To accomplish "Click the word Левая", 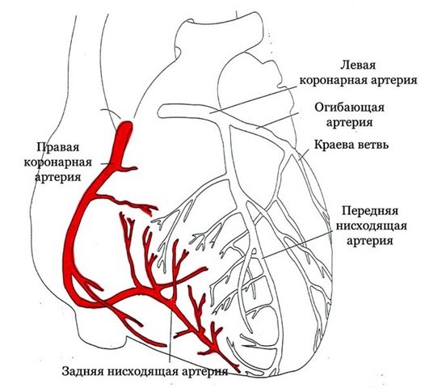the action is click(358, 66).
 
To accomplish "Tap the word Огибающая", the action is click(349, 108).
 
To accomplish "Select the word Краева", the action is click(331, 145).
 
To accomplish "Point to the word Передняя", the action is click(370, 210).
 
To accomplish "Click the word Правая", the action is click(57, 147).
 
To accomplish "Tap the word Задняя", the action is click(83, 371).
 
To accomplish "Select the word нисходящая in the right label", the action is click(371, 226).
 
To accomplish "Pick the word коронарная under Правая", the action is click(57, 162).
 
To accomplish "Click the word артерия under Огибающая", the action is click(349, 123).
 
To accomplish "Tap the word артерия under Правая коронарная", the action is click(57, 178).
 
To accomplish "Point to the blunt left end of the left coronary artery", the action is click(159, 112).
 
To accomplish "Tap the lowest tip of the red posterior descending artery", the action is click(239, 372).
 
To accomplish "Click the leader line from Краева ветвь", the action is click(304, 155).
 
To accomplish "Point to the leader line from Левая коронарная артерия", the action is click(253, 99).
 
